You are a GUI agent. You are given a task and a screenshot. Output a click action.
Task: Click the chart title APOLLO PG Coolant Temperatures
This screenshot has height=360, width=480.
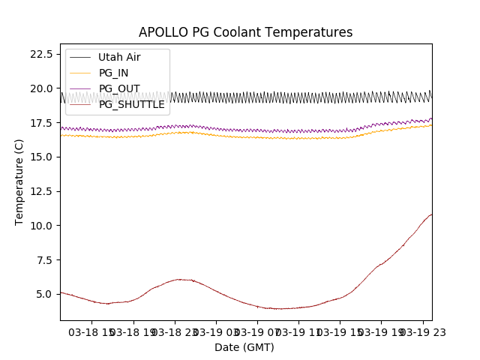245,32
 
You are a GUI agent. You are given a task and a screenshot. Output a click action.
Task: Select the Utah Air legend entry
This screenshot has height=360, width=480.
118,57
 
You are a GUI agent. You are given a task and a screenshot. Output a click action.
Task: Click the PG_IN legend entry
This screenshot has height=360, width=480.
113,73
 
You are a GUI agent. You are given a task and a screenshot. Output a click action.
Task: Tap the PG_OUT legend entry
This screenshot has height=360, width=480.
118,88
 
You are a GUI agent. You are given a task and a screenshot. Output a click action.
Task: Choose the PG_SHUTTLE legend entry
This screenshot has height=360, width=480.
131,104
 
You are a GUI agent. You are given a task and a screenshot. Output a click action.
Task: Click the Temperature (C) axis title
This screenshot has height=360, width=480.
19,181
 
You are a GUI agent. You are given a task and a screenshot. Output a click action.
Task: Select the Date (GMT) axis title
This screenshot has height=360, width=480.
244,347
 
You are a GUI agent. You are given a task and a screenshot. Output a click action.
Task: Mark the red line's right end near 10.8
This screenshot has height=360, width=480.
431,214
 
